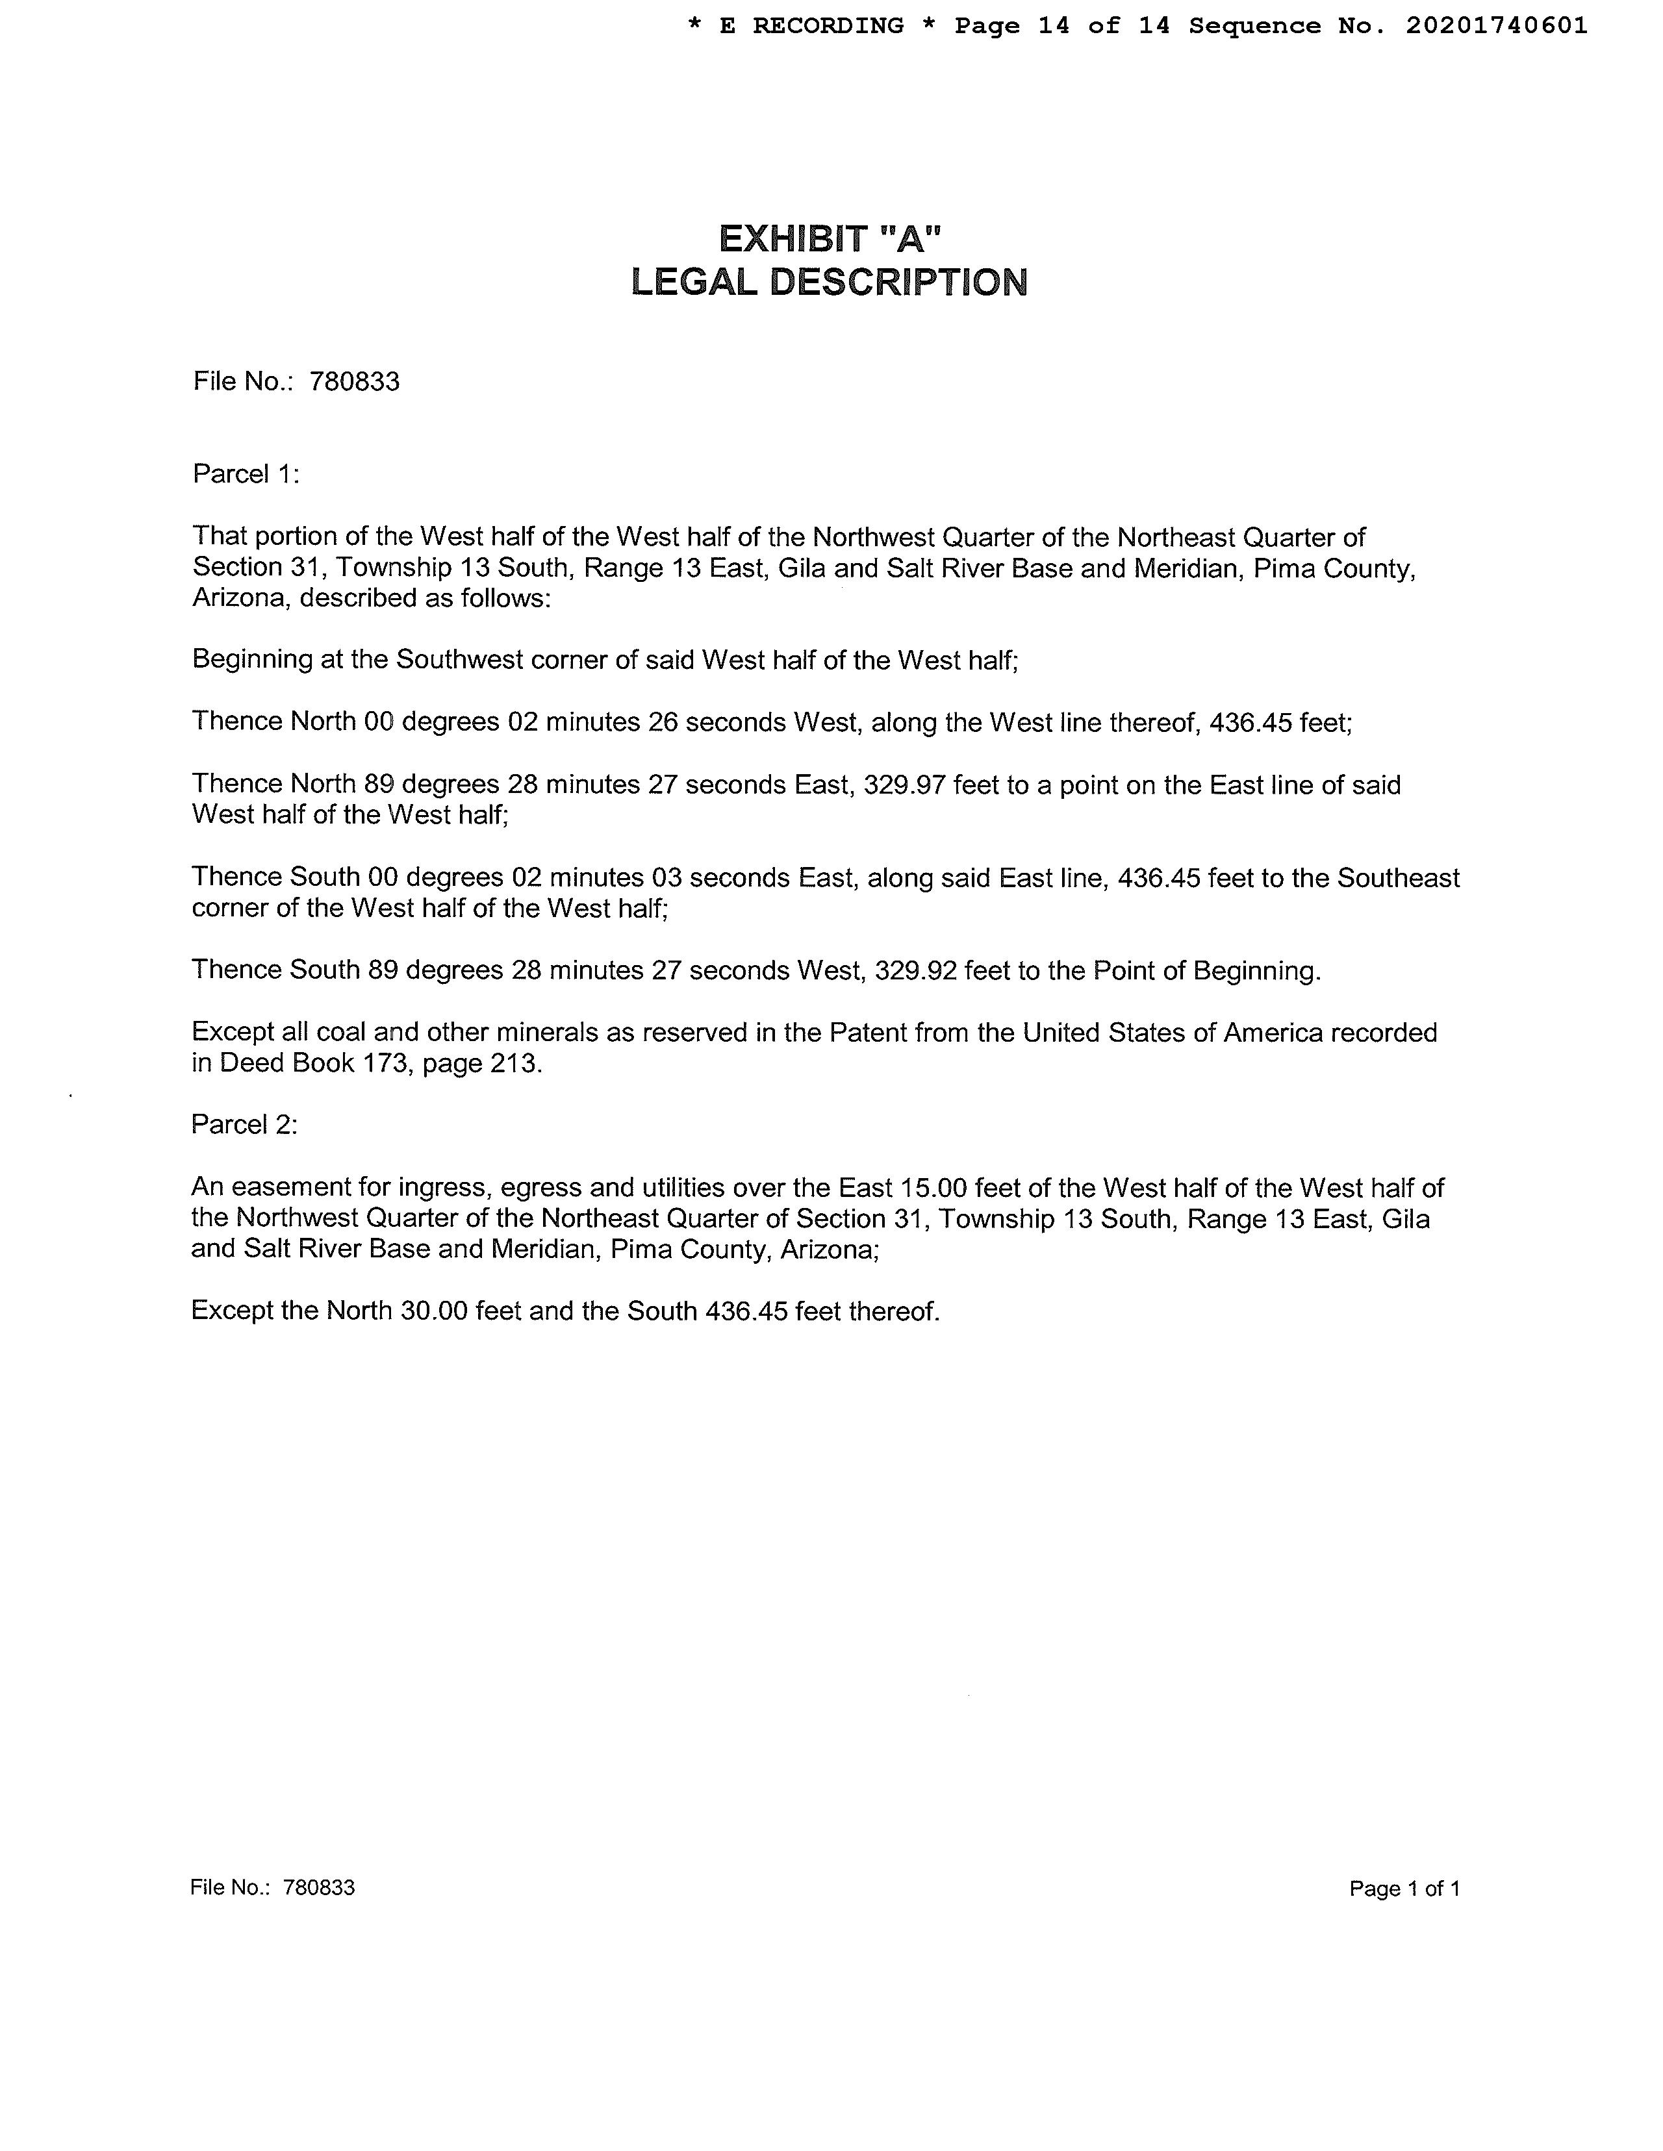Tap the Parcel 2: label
pyautogui.click(x=244, y=1125)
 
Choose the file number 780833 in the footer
pyautogui.click(x=318, y=1887)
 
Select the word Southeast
pyautogui.click(x=1397, y=877)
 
